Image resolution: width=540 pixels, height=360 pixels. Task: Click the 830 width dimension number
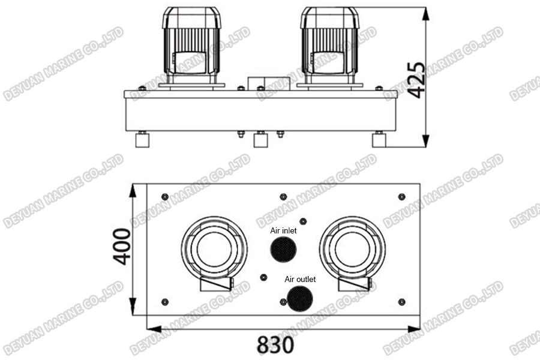pyautogui.click(x=276, y=345)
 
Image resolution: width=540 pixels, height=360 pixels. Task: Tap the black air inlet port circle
pyautogui.click(x=283, y=248)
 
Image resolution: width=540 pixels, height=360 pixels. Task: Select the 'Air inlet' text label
pyautogui.click(x=283, y=230)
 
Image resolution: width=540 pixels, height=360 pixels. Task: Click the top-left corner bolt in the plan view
pyautogui.click(x=165, y=197)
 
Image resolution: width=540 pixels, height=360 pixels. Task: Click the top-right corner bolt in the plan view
pyautogui.click(x=401, y=197)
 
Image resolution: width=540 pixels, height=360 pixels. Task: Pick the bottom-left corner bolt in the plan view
pyautogui.click(x=165, y=301)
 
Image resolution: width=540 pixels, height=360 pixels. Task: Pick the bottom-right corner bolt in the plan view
pyautogui.click(x=401, y=301)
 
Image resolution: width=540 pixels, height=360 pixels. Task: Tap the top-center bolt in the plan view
pyautogui.click(x=283, y=196)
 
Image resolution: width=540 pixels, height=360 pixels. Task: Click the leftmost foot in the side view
pyautogui.click(x=143, y=140)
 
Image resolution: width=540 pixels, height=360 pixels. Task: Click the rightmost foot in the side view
pyautogui.click(x=379, y=140)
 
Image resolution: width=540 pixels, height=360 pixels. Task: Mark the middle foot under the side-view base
pyautogui.click(x=260, y=140)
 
